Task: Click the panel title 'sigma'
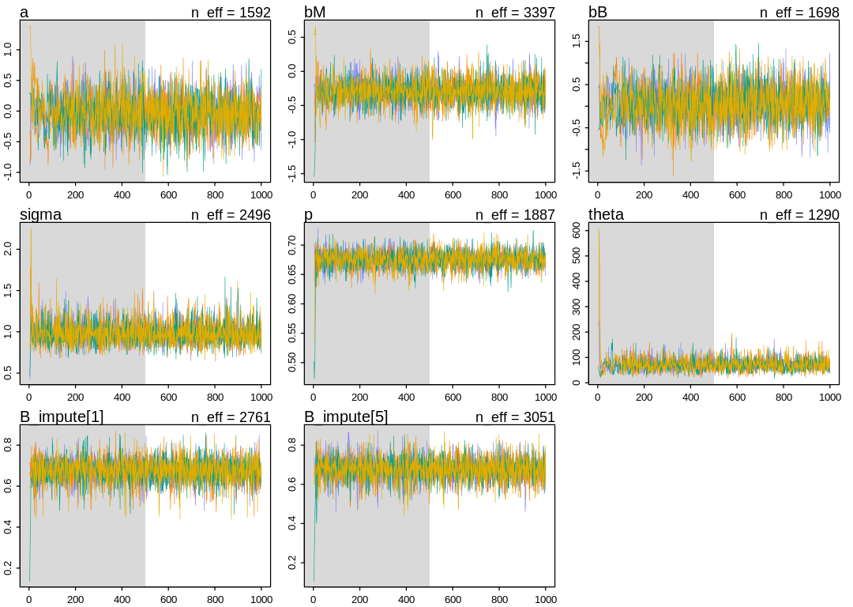tap(40, 215)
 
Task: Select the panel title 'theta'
tap(606, 215)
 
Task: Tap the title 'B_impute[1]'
tap(62, 417)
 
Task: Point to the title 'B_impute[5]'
tap(346, 417)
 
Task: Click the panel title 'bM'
tap(315, 13)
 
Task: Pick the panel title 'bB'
tap(598, 13)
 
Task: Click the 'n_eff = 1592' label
tap(231, 13)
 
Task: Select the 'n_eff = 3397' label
tap(515, 13)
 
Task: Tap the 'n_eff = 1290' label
tap(799, 215)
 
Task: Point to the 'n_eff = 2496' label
tap(231, 215)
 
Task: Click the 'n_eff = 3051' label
tap(515, 417)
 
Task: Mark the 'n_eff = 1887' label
tap(515, 215)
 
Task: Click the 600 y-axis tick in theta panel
tap(576, 230)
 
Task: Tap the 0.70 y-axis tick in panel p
tap(291, 245)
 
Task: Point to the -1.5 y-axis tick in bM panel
tap(291, 174)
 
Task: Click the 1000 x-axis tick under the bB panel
tap(829, 194)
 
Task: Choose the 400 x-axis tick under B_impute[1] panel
tap(122, 599)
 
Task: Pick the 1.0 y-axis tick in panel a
tap(7, 49)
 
